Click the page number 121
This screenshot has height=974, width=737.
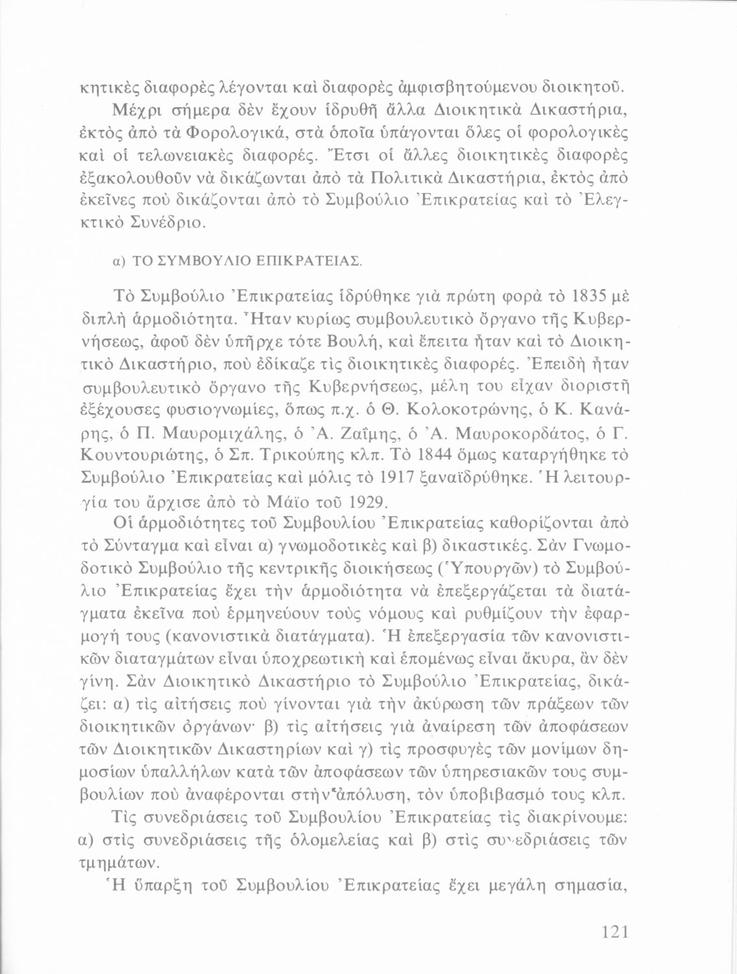click(x=612, y=932)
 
